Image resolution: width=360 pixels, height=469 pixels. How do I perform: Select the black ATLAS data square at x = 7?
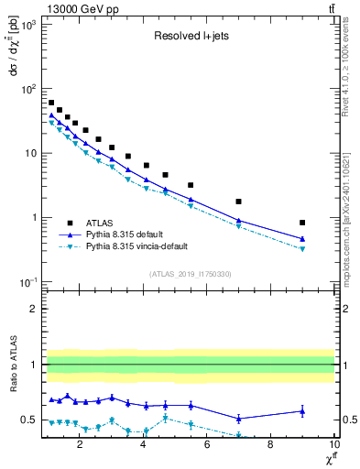[x=238, y=202]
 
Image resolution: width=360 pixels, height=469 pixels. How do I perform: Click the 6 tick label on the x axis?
[x=207, y=445]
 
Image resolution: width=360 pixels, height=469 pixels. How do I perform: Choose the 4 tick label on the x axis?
[x=144, y=445]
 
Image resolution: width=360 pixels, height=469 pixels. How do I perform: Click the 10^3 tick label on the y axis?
[x=27, y=26]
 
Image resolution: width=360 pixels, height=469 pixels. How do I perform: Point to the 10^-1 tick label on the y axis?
[x=27, y=281]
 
